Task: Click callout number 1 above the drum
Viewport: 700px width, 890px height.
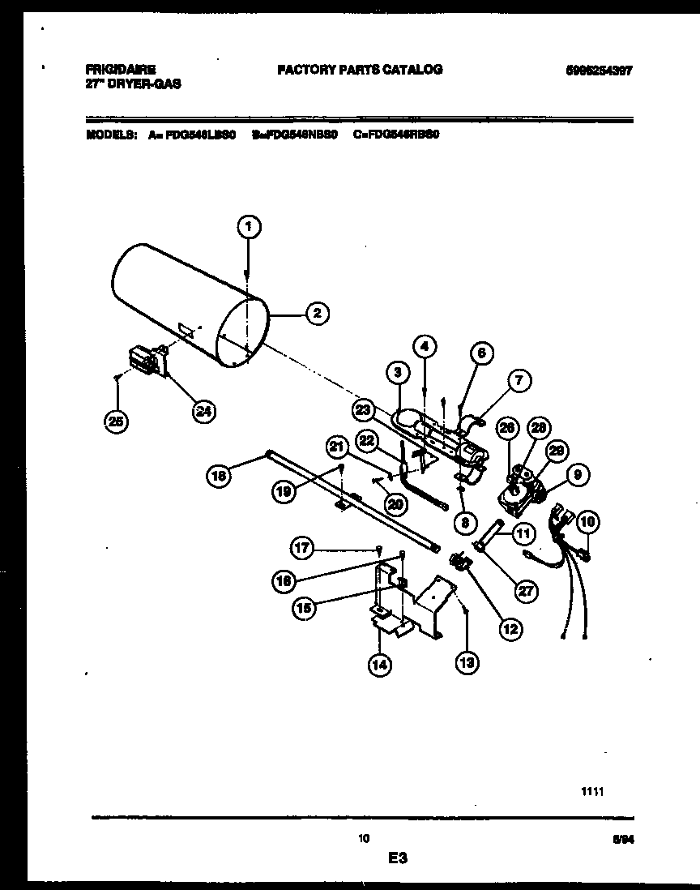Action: point(250,228)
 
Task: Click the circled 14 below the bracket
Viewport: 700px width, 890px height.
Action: point(379,665)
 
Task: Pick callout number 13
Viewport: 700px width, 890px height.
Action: point(467,663)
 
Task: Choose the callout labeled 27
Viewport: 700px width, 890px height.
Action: point(526,590)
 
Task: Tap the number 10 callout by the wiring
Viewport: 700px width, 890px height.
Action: point(587,523)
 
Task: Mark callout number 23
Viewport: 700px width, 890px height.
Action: point(362,411)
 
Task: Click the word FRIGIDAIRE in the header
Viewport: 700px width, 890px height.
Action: point(118,70)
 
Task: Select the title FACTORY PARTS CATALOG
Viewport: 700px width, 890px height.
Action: point(360,70)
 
